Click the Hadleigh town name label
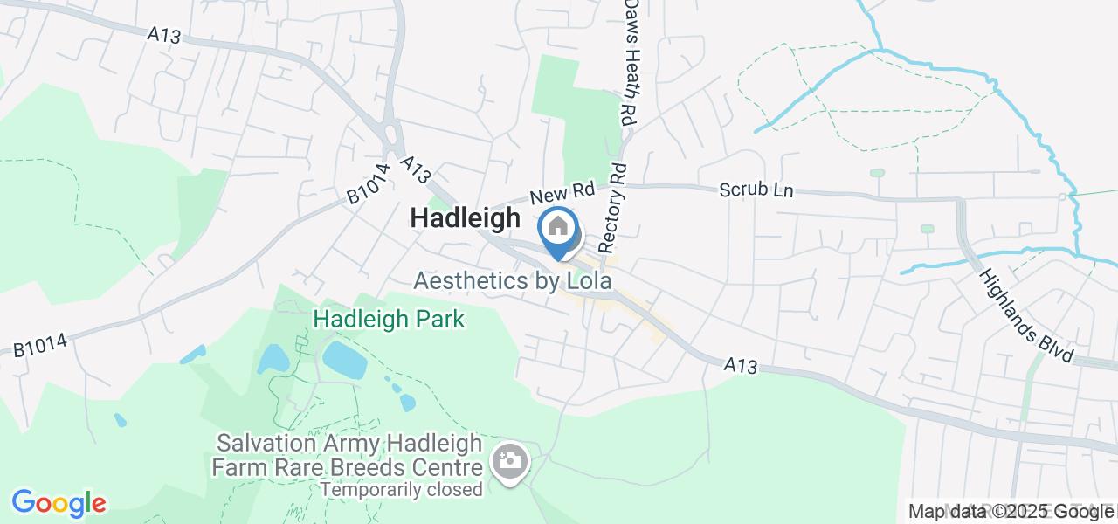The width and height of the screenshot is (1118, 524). (466, 218)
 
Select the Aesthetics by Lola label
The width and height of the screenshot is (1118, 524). (512, 281)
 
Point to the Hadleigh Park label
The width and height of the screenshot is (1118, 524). (389, 320)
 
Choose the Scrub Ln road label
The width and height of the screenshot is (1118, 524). (756, 190)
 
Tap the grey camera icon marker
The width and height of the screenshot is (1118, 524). (510, 460)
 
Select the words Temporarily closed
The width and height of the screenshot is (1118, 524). (401, 489)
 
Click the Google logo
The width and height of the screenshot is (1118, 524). (59, 503)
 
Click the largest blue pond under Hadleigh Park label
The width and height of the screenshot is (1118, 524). (344, 359)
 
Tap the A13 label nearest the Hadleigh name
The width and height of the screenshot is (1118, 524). (417, 169)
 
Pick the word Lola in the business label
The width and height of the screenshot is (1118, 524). (585, 281)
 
